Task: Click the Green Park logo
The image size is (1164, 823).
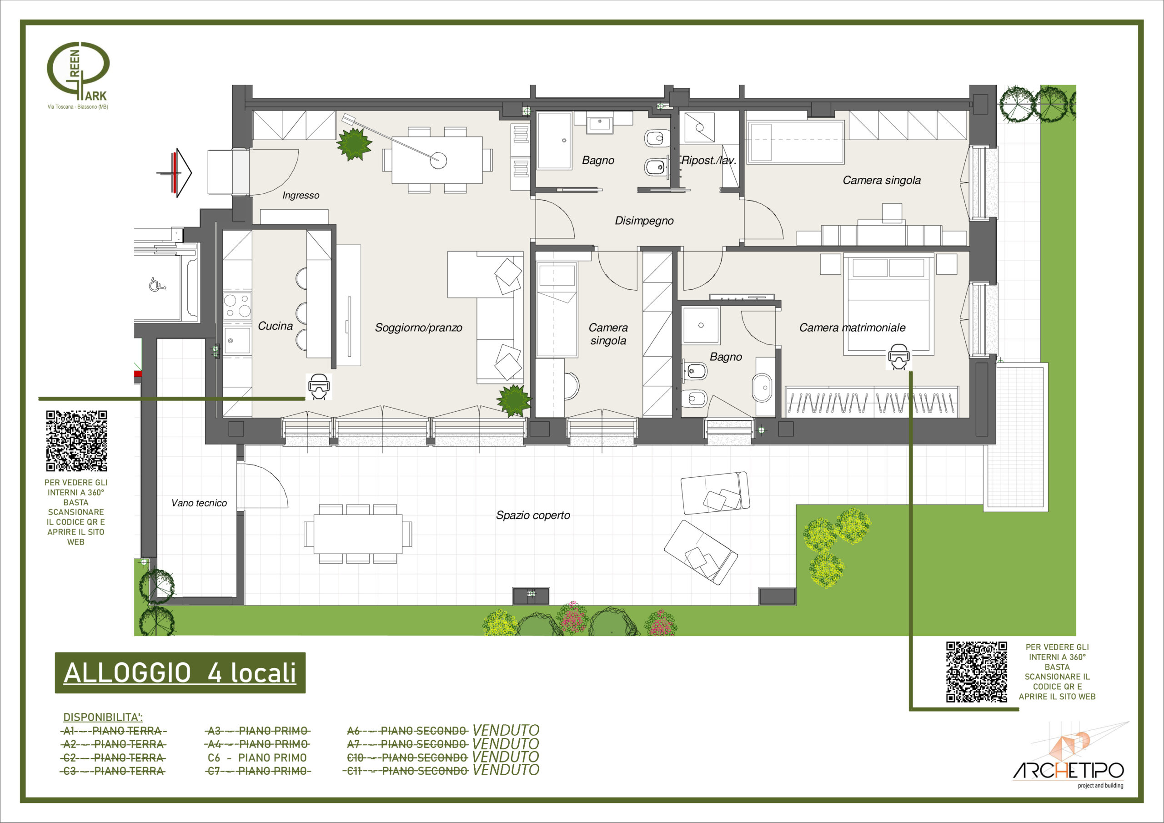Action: coord(78,75)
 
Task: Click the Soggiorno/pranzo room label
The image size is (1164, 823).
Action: coord(418,328)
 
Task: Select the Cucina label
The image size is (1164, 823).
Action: coord(275,326)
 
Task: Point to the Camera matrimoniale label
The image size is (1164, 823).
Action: coord(852,328)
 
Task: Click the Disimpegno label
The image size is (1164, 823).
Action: coord(644,221)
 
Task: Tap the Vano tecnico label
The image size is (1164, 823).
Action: coord(199,503)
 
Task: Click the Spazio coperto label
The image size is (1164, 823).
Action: coord(533,515)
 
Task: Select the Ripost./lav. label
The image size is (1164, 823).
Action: coord(709,160)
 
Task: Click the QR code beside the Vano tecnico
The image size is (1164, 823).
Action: coord(76,441)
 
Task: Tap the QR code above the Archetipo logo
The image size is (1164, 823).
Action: coord(976,672)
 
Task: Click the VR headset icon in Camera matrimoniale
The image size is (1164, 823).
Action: coord(898,357)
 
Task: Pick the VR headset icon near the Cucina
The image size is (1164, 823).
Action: coord(319,387)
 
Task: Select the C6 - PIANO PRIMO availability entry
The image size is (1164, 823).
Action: coord(257,757)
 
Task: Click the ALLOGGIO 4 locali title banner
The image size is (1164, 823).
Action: coord(180,673)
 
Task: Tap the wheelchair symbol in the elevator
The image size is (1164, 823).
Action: coord(157,285)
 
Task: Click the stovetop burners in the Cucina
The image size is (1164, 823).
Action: coord(237,305)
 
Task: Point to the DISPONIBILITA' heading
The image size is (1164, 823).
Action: coord(103,717)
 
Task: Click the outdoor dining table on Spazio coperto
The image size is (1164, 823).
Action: coord(358,534)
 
